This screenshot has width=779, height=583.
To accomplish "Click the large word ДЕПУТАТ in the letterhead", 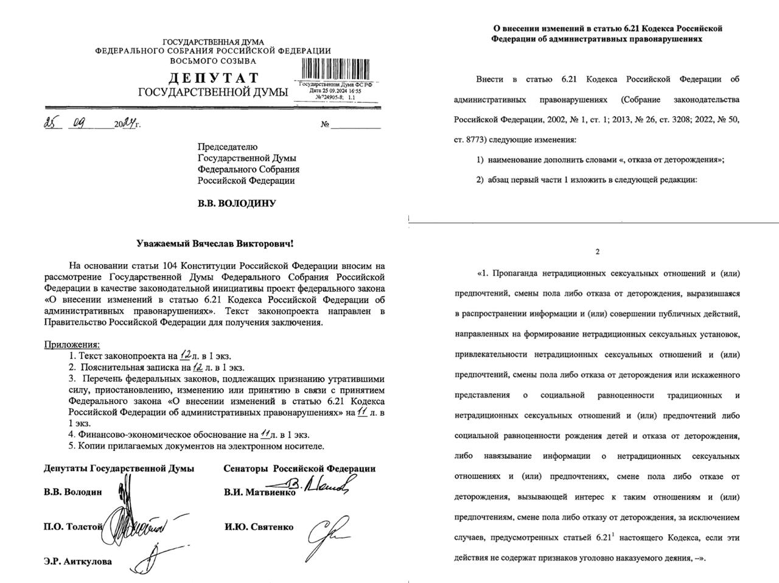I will [213, 78].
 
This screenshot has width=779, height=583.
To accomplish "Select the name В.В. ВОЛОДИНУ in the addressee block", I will [236, 203].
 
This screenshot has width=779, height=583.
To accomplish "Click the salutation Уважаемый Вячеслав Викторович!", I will [214, 243].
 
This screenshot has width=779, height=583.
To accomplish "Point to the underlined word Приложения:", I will [72, 345].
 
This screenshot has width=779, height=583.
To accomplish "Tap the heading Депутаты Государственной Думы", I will [119, 468].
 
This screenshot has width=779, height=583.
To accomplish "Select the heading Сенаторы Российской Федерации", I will [299, 468].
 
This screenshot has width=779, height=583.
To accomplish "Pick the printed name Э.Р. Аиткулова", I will [78, 561].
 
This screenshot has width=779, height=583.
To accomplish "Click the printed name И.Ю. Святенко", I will [259, 527].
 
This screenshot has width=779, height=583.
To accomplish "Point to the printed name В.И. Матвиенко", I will [260, 492].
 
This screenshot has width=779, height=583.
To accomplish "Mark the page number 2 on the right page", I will [597, 252].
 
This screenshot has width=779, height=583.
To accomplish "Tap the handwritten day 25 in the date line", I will [52, 123].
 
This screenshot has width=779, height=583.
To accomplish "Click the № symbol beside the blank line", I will [325, 125].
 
